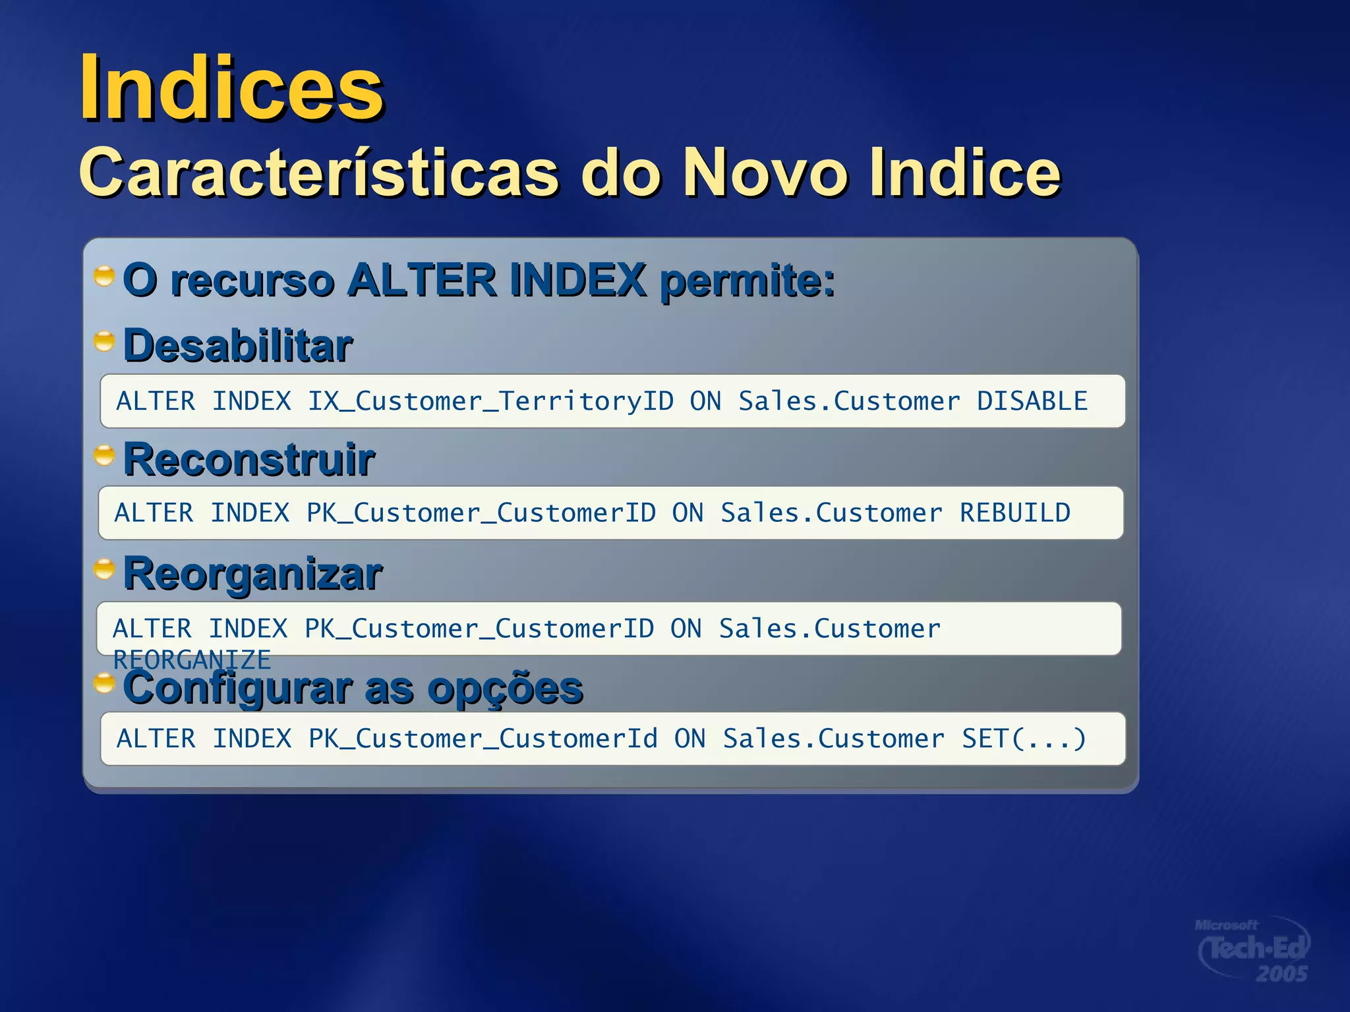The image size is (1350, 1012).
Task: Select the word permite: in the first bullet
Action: tap(748, 281)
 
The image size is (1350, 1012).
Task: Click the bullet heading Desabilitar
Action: tap(238, 346)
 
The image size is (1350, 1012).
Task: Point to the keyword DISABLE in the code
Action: tap(1032, 401)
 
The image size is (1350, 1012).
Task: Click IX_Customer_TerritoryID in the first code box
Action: tap(490, 401)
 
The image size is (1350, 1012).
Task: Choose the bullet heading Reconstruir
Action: tap(249, 459)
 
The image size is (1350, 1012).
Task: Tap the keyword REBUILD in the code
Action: tap(1014, 513)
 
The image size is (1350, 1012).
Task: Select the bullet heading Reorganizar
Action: tap(252, 573)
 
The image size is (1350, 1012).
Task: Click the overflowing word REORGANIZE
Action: tap(192, 660)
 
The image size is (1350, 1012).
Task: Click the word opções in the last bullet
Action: tap(505, 688)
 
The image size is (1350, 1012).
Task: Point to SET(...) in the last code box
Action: tap(1024, 739)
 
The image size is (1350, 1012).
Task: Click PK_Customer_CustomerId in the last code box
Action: tap(483, 739)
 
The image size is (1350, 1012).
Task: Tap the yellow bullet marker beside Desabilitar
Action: tap(104, 341)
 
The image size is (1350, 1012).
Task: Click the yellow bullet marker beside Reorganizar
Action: tap(104, 569)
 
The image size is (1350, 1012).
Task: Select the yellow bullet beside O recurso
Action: tap(104, 275)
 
